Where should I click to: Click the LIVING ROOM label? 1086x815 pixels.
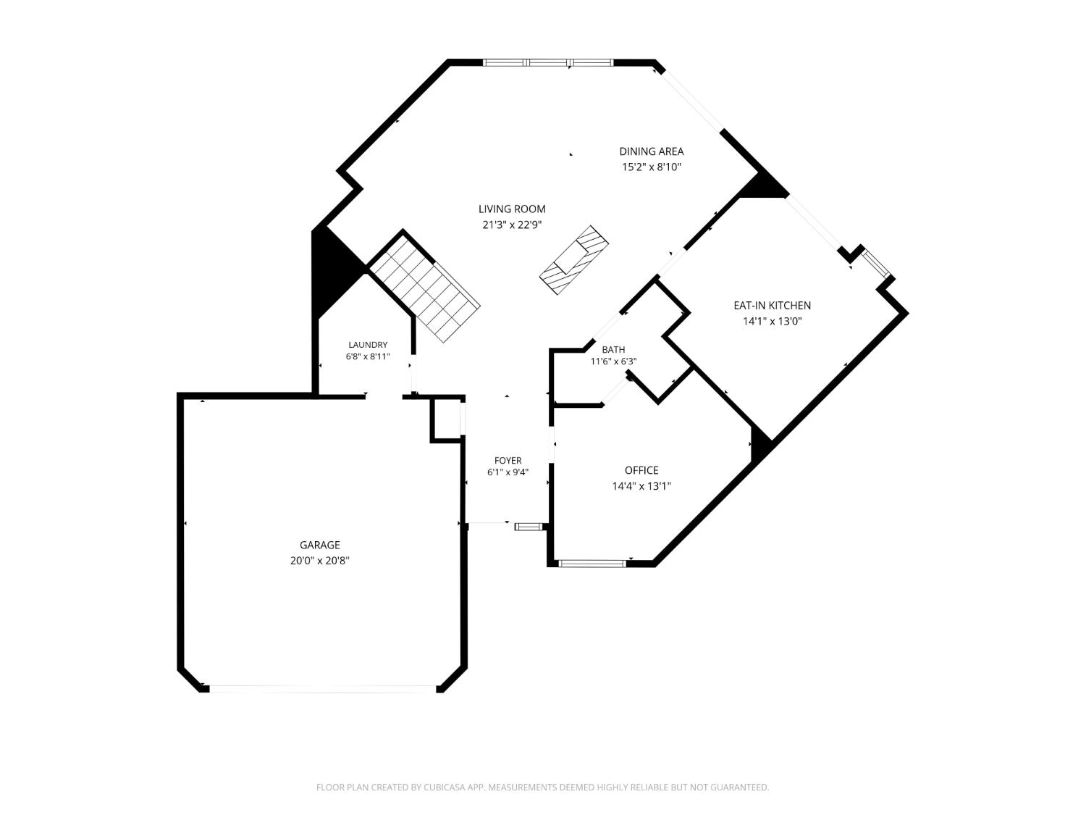512,209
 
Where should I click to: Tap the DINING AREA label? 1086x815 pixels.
651,151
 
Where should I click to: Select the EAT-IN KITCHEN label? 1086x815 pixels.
772,305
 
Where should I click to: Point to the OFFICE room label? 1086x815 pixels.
641,470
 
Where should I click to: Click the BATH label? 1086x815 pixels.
613,349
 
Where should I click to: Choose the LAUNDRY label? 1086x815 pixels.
368,345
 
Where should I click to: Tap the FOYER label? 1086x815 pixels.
508,461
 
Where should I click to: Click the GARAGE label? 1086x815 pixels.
319,545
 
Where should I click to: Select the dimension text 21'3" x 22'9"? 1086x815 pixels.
512,225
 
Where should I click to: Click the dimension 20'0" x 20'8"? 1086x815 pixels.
319,561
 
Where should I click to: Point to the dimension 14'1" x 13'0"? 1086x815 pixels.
772,321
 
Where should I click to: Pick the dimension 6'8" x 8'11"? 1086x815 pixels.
368,356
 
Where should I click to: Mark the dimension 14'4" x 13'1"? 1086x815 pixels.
641,486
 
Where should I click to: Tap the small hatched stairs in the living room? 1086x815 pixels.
574,260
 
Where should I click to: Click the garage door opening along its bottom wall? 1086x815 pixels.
323,690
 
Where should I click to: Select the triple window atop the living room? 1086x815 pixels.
547,63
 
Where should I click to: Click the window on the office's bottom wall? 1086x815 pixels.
592,563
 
